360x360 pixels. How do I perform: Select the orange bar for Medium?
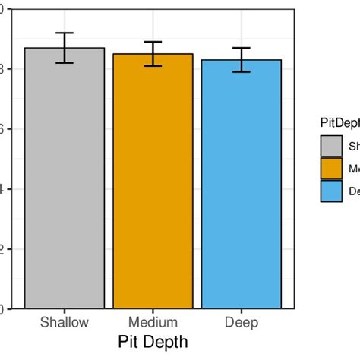tap(153, 182)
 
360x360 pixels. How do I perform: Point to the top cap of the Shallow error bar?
tap(65, 33)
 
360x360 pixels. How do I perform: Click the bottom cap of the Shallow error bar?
tap(65, 63)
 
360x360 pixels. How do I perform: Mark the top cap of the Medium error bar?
tap(153, 42)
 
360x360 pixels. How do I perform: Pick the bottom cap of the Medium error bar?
tap(153, 66)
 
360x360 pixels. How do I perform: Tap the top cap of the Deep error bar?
tap(242, 48)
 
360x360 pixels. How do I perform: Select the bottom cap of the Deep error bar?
tap(242, 72)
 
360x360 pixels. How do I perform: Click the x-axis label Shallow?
tap(65, 323)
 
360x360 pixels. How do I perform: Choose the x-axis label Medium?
tap(153, 323)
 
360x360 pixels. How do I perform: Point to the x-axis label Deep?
tap(242, 323)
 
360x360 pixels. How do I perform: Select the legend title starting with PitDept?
tap(339, 122)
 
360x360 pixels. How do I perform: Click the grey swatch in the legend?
tap(330, 146)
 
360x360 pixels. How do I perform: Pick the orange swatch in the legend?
tap(330, 169)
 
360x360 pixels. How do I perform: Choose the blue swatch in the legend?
tap(330, 191)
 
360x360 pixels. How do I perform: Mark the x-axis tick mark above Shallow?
tap(65, 311)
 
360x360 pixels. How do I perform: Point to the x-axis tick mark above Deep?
tap(242, 311)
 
